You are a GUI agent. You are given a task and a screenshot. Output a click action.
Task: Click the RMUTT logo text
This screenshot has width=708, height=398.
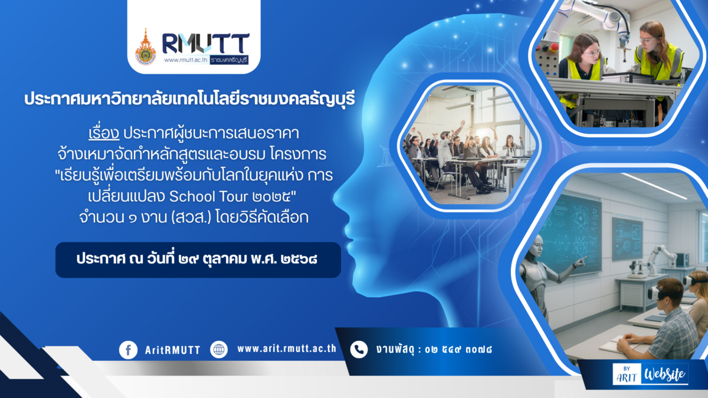pyautogui.click(x=205, y=44)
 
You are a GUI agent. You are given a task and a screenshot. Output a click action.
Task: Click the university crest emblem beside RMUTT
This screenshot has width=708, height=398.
pyautogui.click(x=145, y=47)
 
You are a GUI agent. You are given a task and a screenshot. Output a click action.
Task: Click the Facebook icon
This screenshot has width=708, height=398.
pyautogui.click(x=128, y=350)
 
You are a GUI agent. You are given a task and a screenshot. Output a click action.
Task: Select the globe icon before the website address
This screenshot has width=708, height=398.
pyautogui.click(x=219, y=350)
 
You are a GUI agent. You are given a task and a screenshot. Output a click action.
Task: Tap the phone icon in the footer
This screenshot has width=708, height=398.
pyautogui.click(x=358, y=350)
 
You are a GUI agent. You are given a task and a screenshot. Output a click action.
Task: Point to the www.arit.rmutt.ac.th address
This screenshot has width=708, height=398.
pyautogui.click(x=287, y=348)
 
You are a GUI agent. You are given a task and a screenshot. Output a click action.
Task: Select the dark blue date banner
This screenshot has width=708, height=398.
pyautogui.click(x=198, y=259)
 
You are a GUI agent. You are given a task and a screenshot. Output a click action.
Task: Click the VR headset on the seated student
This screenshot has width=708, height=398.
pyautogui.click(x=658, y=291)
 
